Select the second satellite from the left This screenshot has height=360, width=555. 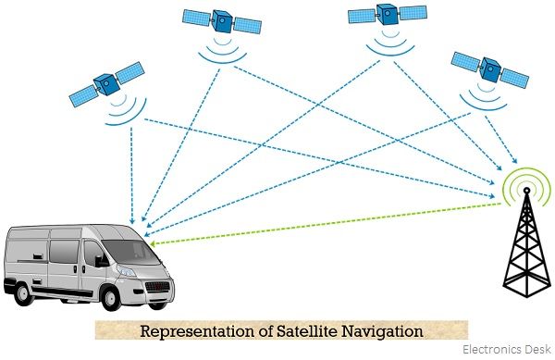pos(220,19)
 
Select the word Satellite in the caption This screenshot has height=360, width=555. pos(318,330)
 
